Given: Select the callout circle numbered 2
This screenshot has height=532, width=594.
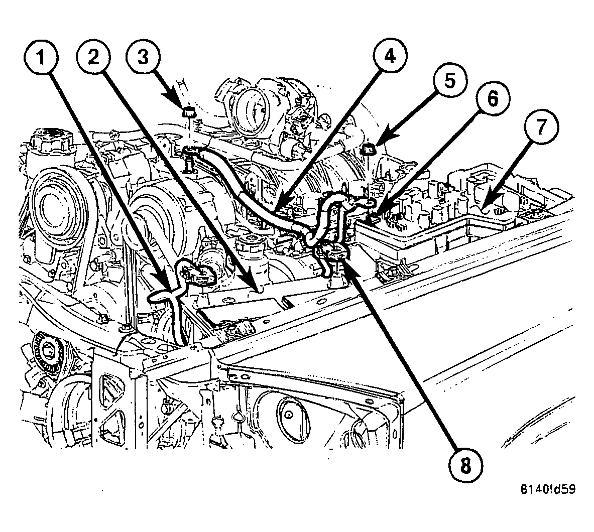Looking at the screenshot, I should point(94,58).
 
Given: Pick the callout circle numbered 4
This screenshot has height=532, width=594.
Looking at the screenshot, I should point(388,58).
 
